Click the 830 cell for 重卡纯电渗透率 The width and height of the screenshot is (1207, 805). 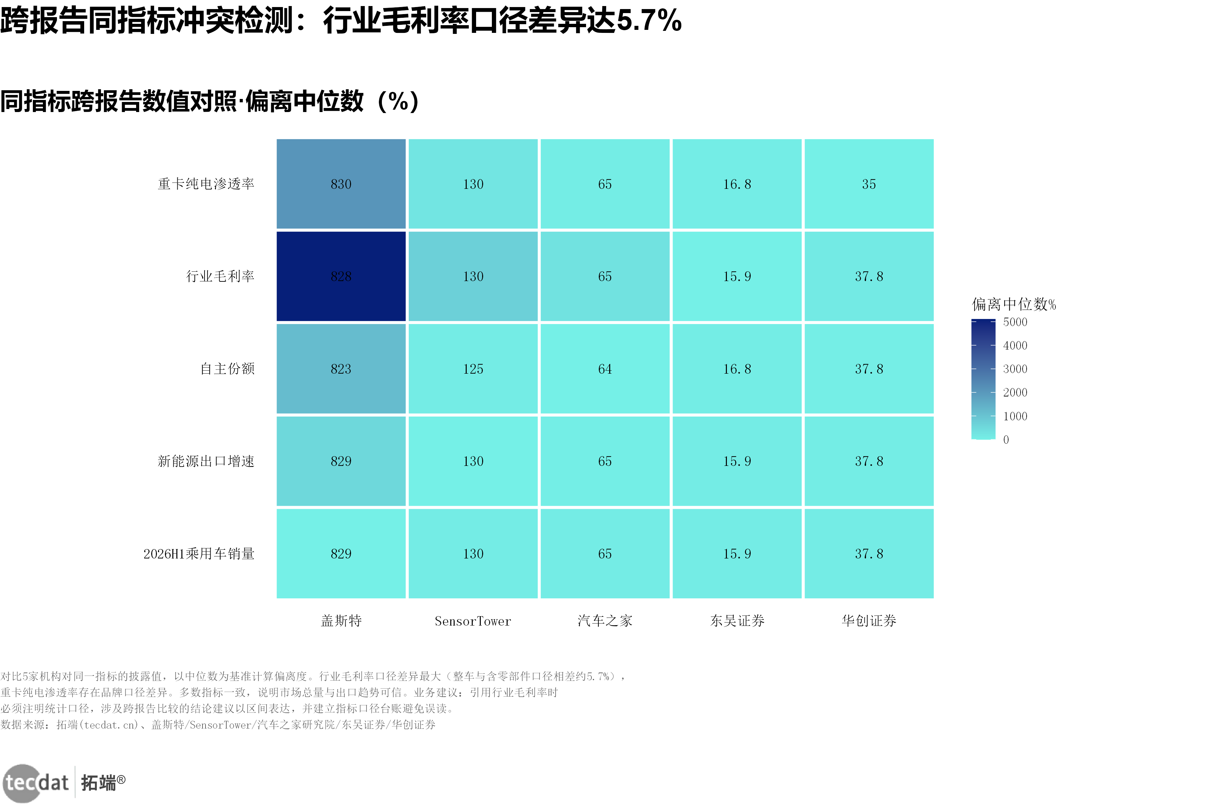click(x=341, y=184)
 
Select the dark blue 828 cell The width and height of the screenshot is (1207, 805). click(x=341, y=276)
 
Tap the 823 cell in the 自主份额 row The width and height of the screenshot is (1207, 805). click(x=341, y=369)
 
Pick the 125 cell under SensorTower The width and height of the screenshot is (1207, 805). click(x=473, y=369)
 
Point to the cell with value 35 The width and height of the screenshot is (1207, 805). click(x=869, y=184)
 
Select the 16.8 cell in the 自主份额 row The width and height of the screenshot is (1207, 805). click(x=737, y=369)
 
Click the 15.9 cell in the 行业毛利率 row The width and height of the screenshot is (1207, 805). click(x=737, y=276)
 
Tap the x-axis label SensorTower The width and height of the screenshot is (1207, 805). click(x=473, y=621)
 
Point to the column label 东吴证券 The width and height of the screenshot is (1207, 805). click(x=737, y=621)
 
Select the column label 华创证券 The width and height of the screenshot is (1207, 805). click(x=869, y=621)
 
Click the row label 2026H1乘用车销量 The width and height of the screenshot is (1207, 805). click(x=199, y=553)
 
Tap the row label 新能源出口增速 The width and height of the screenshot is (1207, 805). click(x=206, y=461)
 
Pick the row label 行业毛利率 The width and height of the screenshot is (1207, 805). click(x=220, y=276)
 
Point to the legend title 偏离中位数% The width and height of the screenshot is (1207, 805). click(x=1014, y=304)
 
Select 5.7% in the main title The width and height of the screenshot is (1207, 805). click(x=649, y=20)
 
